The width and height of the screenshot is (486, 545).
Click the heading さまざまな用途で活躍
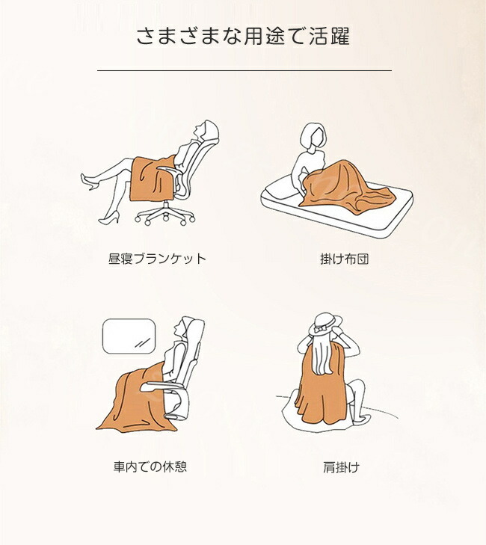pos(243,36)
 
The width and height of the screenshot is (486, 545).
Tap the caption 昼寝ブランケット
pos(158,259)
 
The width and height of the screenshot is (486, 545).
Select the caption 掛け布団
pos(345,259)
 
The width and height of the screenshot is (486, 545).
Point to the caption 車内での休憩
pos(150,467)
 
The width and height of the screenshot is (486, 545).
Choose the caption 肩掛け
pos(342,467)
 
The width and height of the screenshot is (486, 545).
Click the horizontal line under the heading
pos(244,70)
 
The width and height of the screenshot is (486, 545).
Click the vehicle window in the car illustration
pos(129,336)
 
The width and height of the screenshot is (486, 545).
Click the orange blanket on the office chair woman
pos(153,179)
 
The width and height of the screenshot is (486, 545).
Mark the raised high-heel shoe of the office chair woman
pos(89,182)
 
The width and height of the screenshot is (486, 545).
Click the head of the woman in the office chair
pos(205,129)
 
